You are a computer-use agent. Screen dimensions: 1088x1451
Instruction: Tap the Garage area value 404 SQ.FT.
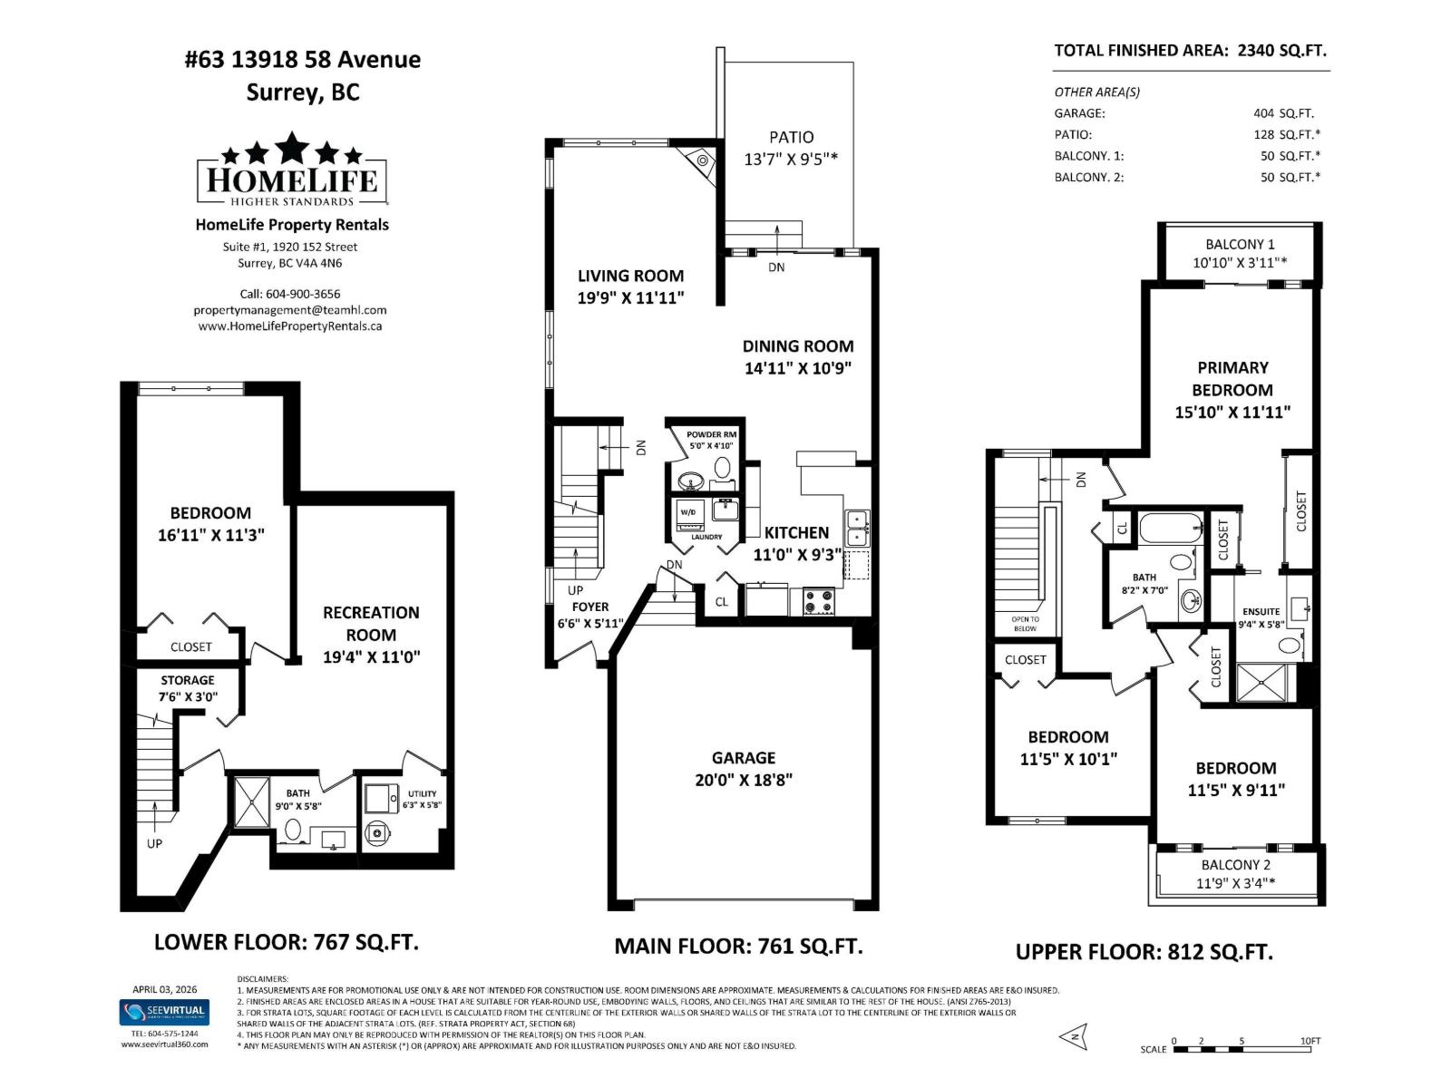[x=1283, y=113]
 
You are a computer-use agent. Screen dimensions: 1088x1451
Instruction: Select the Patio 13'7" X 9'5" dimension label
[x=791, y=148]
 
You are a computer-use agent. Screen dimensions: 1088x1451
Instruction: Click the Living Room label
[x=630, y=276]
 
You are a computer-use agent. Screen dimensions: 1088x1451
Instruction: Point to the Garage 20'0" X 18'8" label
[x=744, y=769]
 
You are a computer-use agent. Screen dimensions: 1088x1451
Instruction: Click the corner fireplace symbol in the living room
[x=701, y=161]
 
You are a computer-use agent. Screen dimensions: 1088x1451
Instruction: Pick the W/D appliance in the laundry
[x=689, y=513]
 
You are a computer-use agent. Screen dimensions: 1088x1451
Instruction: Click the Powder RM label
[x=711, y=435]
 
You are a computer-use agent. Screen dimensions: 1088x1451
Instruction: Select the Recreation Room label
[x=371, y=624]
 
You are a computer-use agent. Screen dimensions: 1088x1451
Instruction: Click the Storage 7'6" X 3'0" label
[x=188, y=688]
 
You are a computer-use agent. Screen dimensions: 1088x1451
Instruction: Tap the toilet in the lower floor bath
[x=293, y=829]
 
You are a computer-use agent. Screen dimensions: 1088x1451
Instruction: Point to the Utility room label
[x=422, y=794]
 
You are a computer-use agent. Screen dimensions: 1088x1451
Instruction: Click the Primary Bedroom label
[x=1232, y=379]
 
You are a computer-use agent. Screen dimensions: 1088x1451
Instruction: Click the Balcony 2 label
[x=1235, y=865]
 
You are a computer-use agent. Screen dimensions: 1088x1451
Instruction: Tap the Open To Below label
[x=1025, y=624]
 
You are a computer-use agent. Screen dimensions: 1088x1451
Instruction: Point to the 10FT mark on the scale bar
[x=1310, y=1041]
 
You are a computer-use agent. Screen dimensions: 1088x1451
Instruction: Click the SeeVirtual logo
[x=164, y=1011]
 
